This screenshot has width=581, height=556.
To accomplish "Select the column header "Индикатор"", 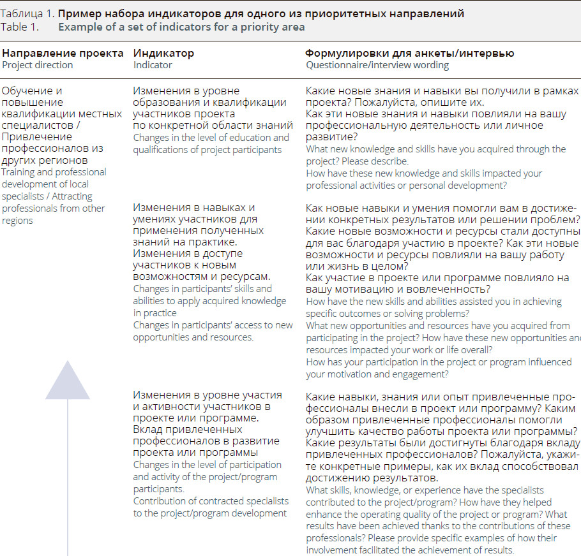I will (163, 54).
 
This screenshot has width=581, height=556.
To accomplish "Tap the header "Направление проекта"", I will (63, 54).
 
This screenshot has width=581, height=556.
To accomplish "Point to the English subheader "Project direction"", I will (38, 65).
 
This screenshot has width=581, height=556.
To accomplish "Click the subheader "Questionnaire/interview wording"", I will (377, 65).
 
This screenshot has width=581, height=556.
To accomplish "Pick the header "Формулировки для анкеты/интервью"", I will (409, 54).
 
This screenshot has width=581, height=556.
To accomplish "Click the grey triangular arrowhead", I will (67, 381).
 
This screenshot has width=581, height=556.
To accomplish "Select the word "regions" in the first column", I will (17, 221).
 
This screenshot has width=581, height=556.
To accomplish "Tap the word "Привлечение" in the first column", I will (33, 137).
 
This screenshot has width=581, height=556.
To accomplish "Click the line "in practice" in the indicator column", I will (155, 313).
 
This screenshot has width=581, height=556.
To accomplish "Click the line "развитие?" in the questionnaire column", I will (331, 137).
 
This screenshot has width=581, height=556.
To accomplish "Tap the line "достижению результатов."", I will (372, 478).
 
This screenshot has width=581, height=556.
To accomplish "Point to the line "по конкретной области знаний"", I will (213, 126).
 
